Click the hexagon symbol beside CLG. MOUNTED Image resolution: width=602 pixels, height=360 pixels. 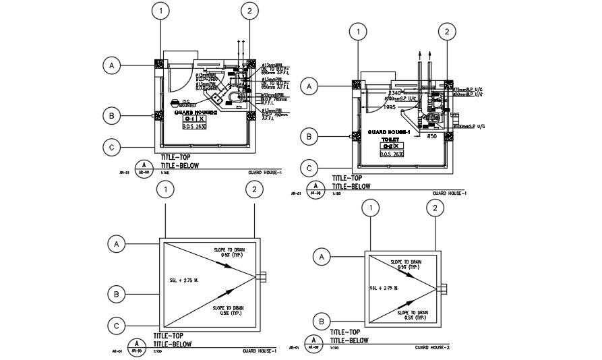point(176,103)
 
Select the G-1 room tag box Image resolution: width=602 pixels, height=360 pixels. point(193,119)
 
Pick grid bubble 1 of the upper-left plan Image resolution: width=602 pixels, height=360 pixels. point(160,11)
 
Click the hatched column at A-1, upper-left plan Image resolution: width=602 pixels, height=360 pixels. point(160,64)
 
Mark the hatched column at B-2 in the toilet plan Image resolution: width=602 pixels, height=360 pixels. point(446,136)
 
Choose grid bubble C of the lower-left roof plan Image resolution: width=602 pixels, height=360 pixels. point(117,326)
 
